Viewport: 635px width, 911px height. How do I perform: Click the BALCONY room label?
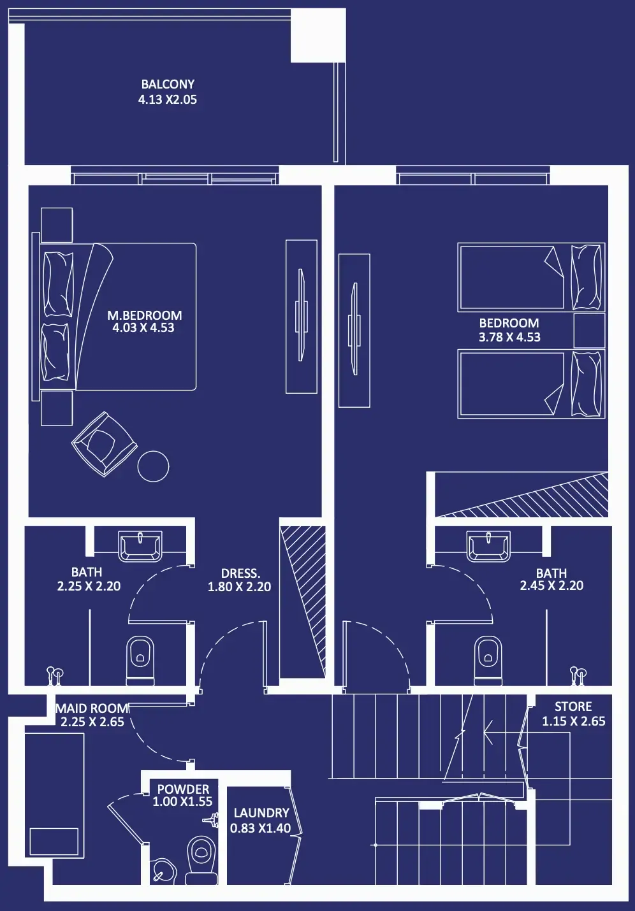click(x=168, y=84)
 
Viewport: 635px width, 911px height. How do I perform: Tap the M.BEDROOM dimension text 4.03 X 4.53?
click(x=143, y=328)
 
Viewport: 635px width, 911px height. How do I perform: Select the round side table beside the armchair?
click(x=153, y=466)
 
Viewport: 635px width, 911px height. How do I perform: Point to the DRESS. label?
click(x=240, y=573)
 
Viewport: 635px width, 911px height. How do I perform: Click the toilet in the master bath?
click(x=140, y=661)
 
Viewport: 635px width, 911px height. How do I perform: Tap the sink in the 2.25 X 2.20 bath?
click(x=140, y=546)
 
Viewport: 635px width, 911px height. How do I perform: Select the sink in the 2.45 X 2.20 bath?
click(x=488, y=546)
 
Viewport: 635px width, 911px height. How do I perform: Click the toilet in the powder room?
click(x=201, y=860)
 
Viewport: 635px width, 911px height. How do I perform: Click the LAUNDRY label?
click(x=261, y=813)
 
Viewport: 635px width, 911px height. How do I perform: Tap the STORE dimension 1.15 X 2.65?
click(x=574, y=721)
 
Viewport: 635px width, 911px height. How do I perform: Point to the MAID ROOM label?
click(x=92, y=708)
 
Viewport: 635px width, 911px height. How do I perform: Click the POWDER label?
click(x=183, y=789)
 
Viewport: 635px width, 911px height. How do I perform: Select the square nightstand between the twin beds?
click(x=589, y=330)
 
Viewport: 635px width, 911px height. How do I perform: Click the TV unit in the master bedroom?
click(x=301, y=317)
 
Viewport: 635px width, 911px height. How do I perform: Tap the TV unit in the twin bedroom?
click(x=354, y=330)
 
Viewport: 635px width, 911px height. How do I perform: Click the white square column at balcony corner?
click(x=318, y=36)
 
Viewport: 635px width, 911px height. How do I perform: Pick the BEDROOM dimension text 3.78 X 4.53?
click(x=509, y=337)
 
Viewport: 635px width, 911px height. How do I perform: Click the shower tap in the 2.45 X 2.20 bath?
click(x=578, y=677)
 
